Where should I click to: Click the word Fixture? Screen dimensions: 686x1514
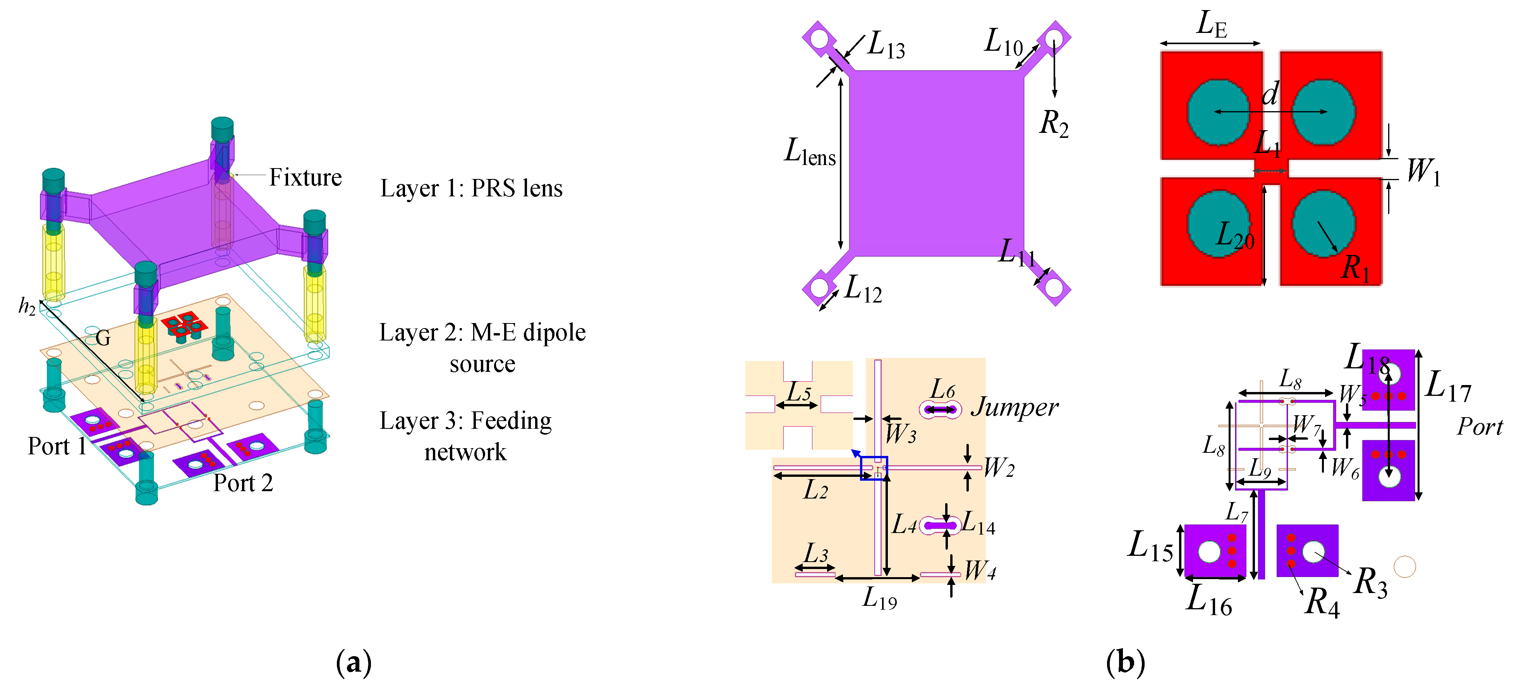coord(305,177)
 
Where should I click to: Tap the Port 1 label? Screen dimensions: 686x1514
coord(57,446)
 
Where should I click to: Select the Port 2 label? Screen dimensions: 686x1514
coord(243,483)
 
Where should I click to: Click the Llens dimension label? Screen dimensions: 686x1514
coord(810,152)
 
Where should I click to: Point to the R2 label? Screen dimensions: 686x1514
coord(1054,124)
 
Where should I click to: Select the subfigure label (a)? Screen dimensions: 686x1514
coord(354,662)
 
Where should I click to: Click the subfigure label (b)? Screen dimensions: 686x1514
coord(1125,662)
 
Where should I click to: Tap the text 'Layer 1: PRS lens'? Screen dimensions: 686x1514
coord(471,188)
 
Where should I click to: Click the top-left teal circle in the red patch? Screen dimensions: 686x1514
coord(1218,112)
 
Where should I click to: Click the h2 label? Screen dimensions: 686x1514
coord(27,306)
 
